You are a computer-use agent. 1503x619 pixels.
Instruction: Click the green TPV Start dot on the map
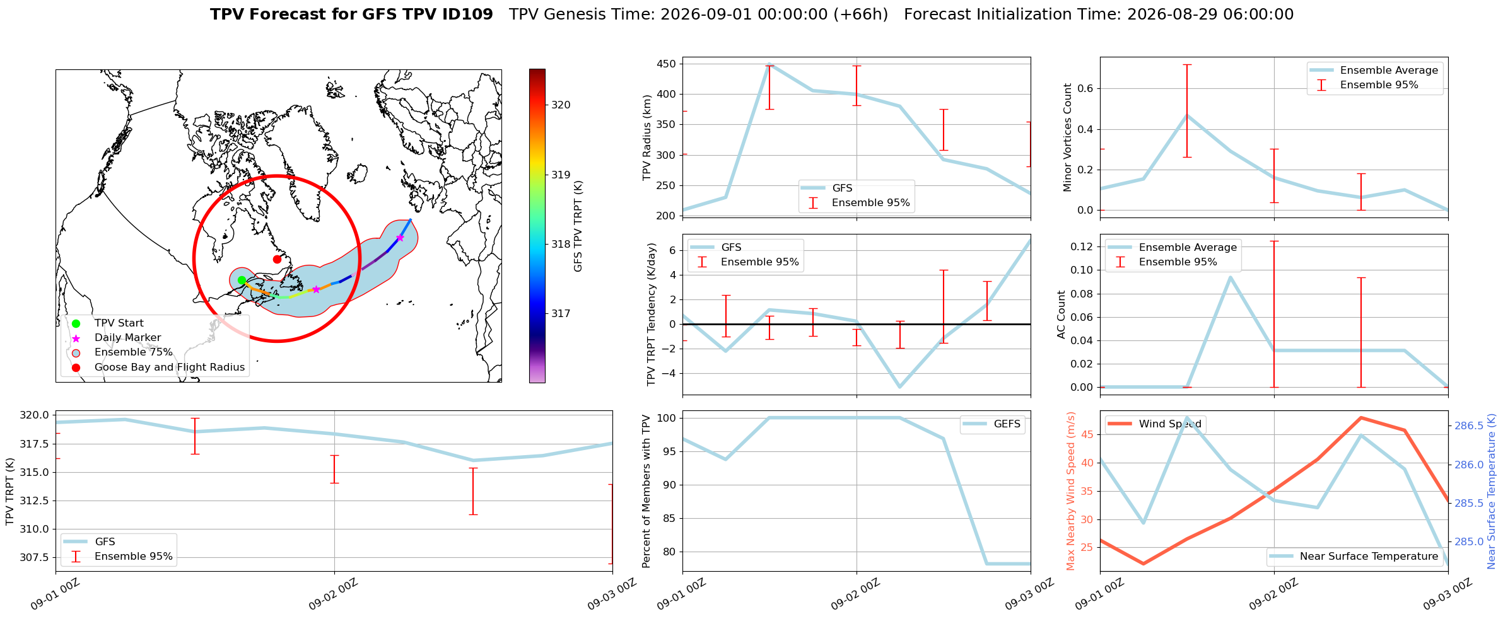pos(242,281)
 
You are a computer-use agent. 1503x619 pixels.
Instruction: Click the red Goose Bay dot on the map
pos(277,259)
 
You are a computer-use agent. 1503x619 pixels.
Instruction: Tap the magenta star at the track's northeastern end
pos(400,238)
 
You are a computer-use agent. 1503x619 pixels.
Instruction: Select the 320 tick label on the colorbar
pos(561,105)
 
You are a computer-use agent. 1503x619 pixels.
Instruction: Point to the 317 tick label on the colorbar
pos(561,313)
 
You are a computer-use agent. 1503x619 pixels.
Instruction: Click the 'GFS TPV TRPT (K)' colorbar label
pos(578,226)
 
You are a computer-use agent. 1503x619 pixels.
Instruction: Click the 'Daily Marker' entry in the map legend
pos(127,338)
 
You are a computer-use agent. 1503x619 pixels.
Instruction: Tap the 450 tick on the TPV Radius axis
pos(667,64)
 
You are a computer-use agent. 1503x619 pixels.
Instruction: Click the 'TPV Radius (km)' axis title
pos(647,137)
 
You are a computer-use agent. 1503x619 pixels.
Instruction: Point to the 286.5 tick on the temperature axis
pos(1469,426)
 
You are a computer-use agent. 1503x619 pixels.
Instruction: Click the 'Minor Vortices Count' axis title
pos(1067,137)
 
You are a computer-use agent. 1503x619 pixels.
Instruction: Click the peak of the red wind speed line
pos(1361,417)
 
